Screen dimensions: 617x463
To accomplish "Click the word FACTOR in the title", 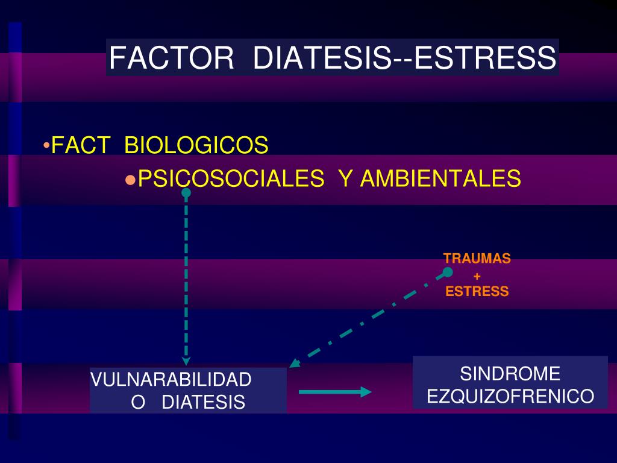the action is pyautogui.click(x=171, y=58).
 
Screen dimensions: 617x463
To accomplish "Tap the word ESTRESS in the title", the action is pyautogui.click(x=485, y=58).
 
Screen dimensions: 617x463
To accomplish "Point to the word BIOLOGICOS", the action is pyautogui.click(x=196, y=145).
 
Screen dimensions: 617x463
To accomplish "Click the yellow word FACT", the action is pyautogui.click(x=80, y=145).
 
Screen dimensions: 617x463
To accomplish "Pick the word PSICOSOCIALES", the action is pyautogui.click(x=231, y=178).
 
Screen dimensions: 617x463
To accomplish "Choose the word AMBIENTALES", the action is pyautogui.click(x=440, y=178).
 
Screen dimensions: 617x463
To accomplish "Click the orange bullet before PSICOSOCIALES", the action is pyautogui.click(x=130, y=180).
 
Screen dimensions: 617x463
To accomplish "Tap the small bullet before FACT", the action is pyautogui.click(x=46, y=145).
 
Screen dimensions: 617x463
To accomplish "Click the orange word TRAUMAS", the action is pyautogui.click(x=477, y=258).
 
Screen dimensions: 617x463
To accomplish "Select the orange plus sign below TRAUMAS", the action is pyautogui.click(x=477, y=276).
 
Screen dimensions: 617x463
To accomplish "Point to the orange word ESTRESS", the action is pyautogui.click(x=477, y=291).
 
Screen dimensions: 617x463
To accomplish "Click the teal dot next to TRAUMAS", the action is pyautogui.click(x=448, y=272).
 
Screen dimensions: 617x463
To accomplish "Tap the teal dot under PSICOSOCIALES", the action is pyautogui.click(x=186, y=192).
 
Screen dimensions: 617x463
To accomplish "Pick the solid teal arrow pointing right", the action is pyautogui.click(x=335, y=392).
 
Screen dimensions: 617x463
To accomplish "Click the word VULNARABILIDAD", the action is pyautogui.click(x=171, y=380).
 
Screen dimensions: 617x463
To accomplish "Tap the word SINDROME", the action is pyautogui.click(x=510, y=374).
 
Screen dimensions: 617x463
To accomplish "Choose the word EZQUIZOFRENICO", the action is pyautogui.click(x=510, y=396).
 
